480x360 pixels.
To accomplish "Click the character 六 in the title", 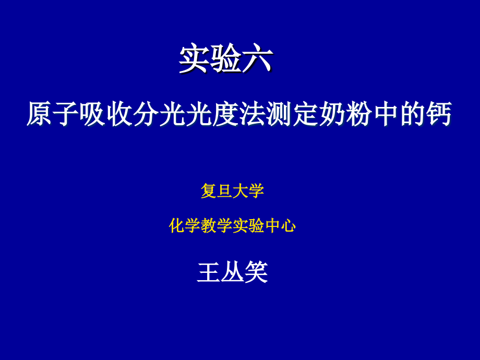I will [x=257, y=59].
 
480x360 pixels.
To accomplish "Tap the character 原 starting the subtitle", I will [x=40, y=114].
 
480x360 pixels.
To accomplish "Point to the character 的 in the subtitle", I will [x=412, y=114].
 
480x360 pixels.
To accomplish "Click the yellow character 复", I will [x=209, y=191].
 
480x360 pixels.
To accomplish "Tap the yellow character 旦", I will [x=224, y=191].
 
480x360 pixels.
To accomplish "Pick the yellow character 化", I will [x=177, y=226].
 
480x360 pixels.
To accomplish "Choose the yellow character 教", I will [x=209, y=226].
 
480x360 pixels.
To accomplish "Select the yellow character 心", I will [x=288, y=226].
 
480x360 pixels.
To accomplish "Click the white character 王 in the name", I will [x=209, y=272].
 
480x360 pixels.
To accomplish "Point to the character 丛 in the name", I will [x=233, y=272].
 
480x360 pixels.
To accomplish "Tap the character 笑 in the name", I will [x=256, y=272].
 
